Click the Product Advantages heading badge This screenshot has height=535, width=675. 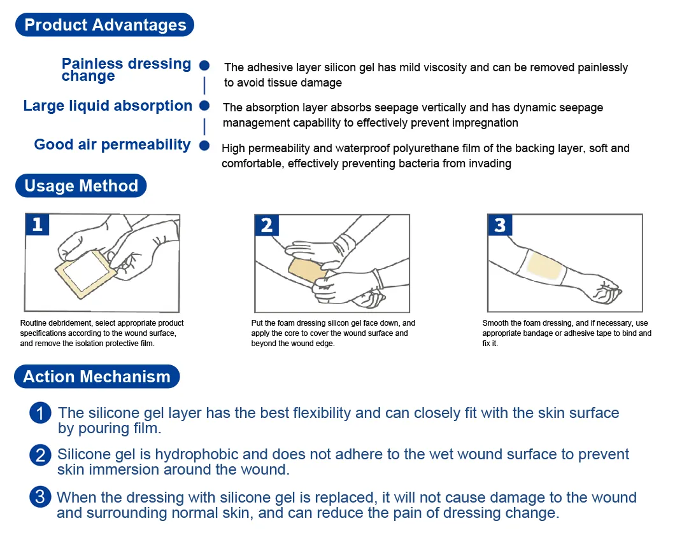tap(105, 25)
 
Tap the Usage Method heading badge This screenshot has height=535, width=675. tap(81, 186)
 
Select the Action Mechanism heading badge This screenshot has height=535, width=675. tap(97, 377)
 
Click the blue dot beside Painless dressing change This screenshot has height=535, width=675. tap(204, 66)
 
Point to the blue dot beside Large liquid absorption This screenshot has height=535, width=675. tap(204, 106)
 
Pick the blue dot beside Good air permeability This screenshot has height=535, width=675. tap(204, 145)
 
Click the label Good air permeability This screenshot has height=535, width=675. tap(112, 144)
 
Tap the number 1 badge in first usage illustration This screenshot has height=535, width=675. tap(38, 225)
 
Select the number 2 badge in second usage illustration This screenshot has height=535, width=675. tap(267, 225)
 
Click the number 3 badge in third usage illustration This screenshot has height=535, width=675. tap(499, 225)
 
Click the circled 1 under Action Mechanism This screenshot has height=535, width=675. tap(39, 414)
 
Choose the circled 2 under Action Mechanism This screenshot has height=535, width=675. tap(39, 455)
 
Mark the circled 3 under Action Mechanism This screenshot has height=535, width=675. tap(39, 497)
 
